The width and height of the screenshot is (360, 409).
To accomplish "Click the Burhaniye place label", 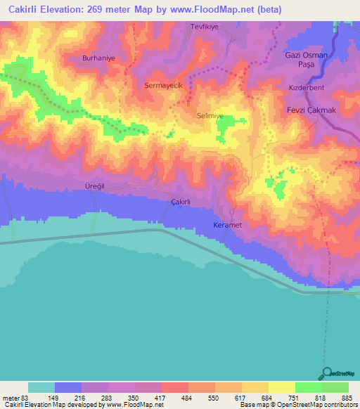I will click(x=97, y=58).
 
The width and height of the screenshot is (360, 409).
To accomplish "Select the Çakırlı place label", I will click(x=181, y=202).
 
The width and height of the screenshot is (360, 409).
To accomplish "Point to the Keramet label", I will click(x=228, y=225).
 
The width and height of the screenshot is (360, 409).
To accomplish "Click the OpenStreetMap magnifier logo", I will click(x=326, y=374).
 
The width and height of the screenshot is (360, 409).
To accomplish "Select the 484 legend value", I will click(x=186, y=398).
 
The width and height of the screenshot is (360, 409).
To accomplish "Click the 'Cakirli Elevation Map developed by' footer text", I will click(x=52, y=405).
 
